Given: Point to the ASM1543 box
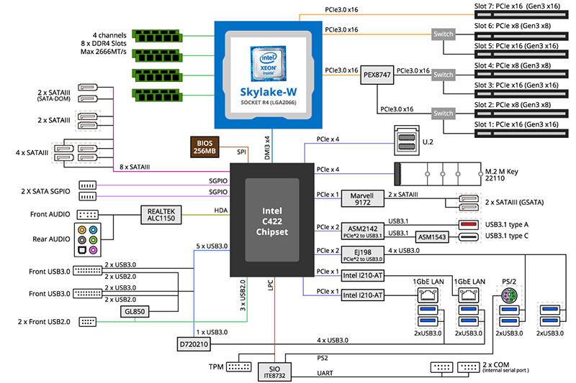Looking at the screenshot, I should (x=432, y=237).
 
